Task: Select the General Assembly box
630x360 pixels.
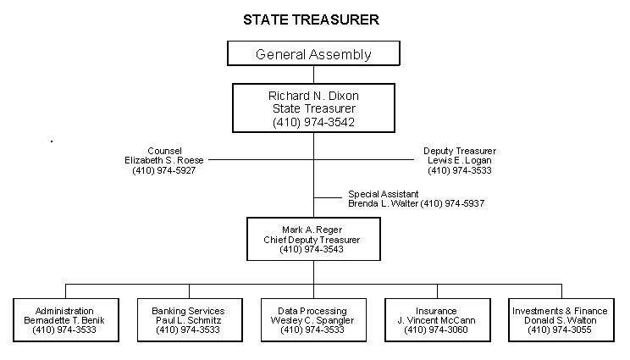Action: pyautogui.click(x=313, y=54)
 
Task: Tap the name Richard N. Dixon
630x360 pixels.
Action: pyautogui.click(x=313, y=96)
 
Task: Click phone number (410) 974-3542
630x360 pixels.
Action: pyautogui.click(x=313, y=122)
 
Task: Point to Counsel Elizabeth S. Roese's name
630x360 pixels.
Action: pyautogui.click(x=163, y=160)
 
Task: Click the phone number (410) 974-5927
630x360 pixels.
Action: pyautogui.click(x=163, y=170)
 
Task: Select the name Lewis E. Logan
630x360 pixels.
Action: pyautogui.click(x=459, y=160)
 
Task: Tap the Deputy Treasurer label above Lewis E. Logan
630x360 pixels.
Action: pyautogui.click(x=459, y=151)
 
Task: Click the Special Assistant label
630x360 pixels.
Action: pyautogui.click(x=383, y=194)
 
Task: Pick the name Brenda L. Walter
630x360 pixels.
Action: pyautogui.click(x=383, y=204)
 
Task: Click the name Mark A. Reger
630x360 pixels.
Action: pyautogui.click(x=312, y=230)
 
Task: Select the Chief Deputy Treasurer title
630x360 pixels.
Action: pyautogui.click(x=312, y=240)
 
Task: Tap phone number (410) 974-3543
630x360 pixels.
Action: pyautogui.click(x=312, y=250)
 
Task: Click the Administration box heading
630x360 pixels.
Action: pyautogui.click(x=64, y=311)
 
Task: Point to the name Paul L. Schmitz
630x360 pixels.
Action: pyautogui.click(x=188, y=321)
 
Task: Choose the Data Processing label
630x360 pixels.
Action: pyautogui.click(x=312, y=311)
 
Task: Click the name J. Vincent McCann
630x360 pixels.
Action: pyautogui.click(x=436, y=321)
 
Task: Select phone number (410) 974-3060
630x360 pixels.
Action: pyautogui.click(x=436, y=330)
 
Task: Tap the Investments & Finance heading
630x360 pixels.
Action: pyautogui.click(x=560, y=311)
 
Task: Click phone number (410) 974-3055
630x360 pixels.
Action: pyautogui.click(x=560, y=330)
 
